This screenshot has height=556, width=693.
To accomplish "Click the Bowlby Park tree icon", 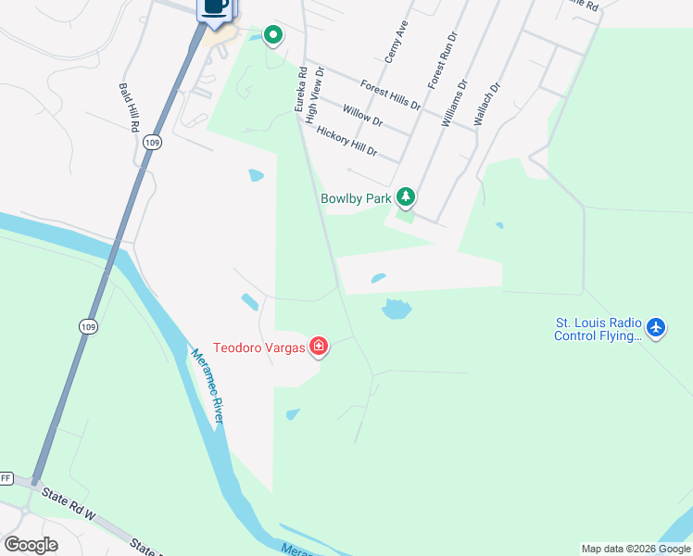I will pyautogui.click(x=406, y=196).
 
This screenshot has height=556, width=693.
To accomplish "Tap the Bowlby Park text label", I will pyautogui.click(x=356, y=197).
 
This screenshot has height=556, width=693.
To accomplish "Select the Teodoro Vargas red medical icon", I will pyautogui.click(x=318, y=347).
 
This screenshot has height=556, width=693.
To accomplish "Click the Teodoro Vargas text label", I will pyautogui.click(x=259, y=348).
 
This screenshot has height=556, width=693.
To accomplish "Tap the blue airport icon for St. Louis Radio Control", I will pyautogui.click(x=656, y=327).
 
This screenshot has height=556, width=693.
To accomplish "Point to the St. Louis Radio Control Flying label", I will pyautogui.click(x=598, y=330).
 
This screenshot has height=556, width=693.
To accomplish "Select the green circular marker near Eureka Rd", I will pyautogui.click(x=273, y=36).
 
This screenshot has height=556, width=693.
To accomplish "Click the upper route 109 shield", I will pyautogui.click(x=153, y=143).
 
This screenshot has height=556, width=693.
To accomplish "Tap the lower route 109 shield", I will pyautogui.click(x=87, y=326).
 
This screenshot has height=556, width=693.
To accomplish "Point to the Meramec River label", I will pyautogui.click(x=208, y=386).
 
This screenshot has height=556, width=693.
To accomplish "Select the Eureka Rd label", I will pyautogui.click(x=300, y=89).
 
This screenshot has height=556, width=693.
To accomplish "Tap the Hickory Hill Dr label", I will pyautogui.click(x=347, y=141).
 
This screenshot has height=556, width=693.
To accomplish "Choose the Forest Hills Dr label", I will pyautogui.click(x=390, y=94).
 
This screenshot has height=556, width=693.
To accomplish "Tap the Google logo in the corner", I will pyautogui.click(x=31, y=544).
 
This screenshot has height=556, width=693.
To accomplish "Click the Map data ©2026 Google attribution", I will pyautogui.click(x=635, y=549).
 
